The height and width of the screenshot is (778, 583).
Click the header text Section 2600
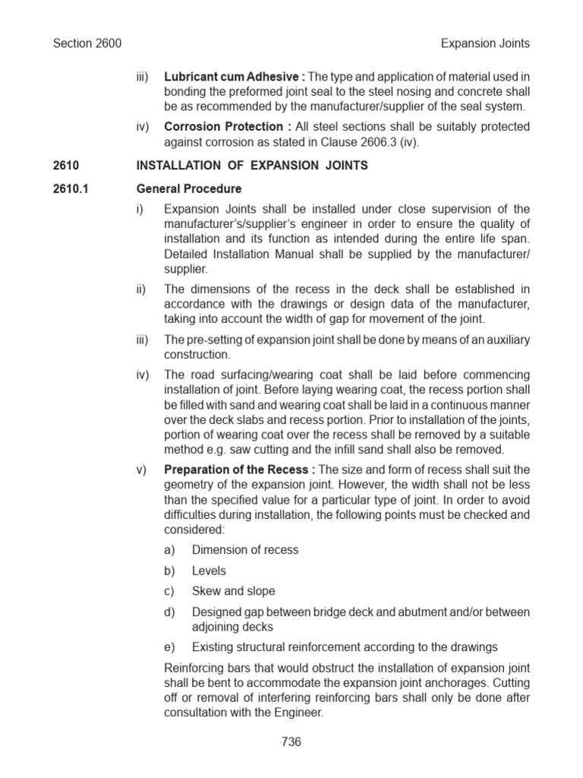point(87,43)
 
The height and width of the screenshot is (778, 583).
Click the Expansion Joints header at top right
point(485,43)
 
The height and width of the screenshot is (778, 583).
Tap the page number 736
point(291,742)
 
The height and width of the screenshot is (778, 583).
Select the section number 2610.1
point(72,188)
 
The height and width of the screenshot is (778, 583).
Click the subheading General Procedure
point(203,188)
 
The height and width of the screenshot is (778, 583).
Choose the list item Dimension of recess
point(245,549)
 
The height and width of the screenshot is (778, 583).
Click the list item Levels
point(209,570)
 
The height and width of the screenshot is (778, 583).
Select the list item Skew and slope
point(234,590)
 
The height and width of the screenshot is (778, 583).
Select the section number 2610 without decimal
point(67,166)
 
